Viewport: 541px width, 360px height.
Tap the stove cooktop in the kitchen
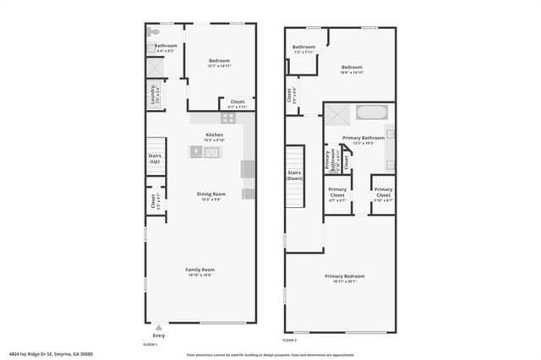[x=227, y=120]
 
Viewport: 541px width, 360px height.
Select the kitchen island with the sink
[x=205, y=152]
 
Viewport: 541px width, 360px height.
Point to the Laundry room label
[x=153, y=95]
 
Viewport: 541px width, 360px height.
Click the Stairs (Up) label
[x=155, y=158]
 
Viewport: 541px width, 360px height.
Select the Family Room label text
[x=199, y=270]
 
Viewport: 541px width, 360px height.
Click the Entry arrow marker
[x=158, y=327]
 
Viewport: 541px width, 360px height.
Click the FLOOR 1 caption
[x=150, y=345]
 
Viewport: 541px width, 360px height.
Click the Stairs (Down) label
[x=295, y=176]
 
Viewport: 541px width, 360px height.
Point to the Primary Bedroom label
[x=345, y=276]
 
